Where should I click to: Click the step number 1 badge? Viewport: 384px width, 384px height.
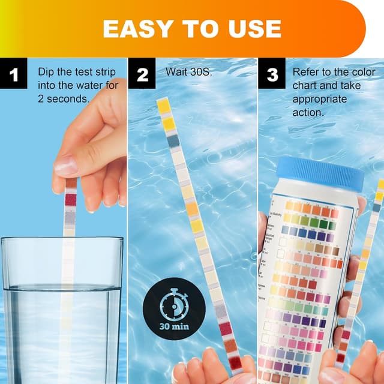click(14, 75)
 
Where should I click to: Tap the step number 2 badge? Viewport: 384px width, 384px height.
click(142, 75)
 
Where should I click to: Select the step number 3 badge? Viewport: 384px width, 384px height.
click(272, 75)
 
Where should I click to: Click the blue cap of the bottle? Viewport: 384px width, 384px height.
click(320, 174)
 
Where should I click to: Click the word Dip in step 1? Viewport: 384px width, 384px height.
click(46, 72)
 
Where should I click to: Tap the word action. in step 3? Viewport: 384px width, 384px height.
click(308, 112)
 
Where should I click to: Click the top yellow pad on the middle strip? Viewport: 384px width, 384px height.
click(164, 106)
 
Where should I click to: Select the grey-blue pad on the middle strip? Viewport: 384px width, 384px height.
click(173, 141)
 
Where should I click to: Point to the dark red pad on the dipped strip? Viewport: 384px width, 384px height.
click(71, 199)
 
